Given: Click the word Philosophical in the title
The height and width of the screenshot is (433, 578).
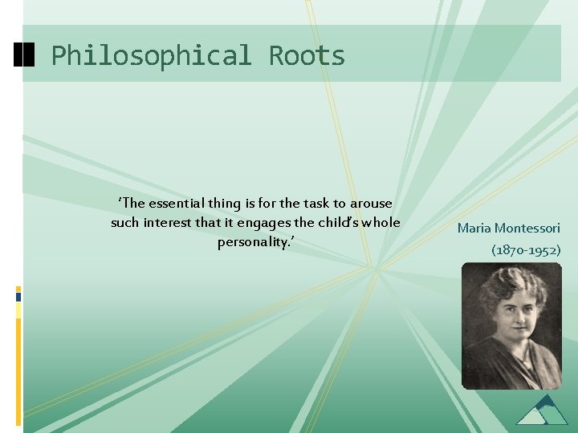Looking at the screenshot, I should [150, 56].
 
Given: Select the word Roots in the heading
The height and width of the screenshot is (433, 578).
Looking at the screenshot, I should [307, 56].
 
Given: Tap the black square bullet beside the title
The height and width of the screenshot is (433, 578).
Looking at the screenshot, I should [25, 55].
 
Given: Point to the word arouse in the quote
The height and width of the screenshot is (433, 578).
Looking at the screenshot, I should [372, 204].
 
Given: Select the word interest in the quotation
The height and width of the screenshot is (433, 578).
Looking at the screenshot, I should [169, 222].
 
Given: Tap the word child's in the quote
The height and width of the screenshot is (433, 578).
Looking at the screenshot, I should [341, 222].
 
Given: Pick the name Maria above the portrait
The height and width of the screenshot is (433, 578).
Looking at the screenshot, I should [474, 229].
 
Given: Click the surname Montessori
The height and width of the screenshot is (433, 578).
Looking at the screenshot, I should [527, 229].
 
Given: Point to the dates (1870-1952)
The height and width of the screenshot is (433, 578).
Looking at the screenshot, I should [526, 250].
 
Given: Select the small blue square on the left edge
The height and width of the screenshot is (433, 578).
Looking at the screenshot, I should [18, 296].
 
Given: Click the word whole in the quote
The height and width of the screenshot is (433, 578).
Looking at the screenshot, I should [381, 222].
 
